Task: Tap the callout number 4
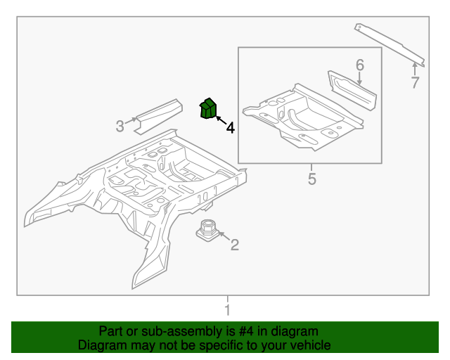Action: (229, 128)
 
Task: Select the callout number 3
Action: (120, 127)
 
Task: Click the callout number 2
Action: (235, 245)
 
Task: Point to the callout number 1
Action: (226, 310)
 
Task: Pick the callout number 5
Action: (312, 179)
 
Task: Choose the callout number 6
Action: (360, 65)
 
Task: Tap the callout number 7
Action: (415, 83)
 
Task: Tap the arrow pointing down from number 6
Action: (360, 79)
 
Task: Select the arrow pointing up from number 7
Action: (414, 69)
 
